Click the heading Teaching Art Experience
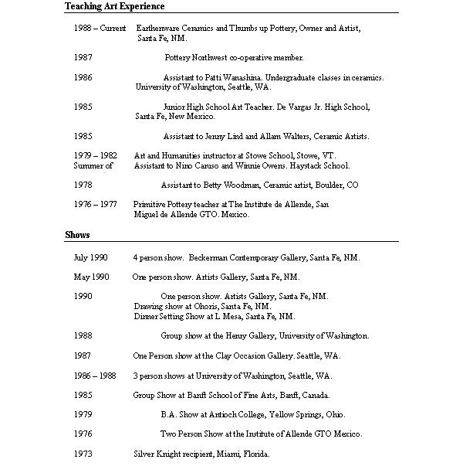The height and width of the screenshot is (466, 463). pos(114,6)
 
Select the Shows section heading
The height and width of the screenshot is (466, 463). pos(77,235)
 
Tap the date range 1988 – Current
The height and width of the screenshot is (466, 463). pos(100,28)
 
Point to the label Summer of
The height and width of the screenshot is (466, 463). pos(93,165)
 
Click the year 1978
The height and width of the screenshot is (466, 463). pos(83,185)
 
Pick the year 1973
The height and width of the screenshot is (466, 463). pos(83,454)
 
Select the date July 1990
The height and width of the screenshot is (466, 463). pos(90,257)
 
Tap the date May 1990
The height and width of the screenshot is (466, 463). pos(91,277)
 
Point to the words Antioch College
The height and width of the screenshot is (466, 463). pos(235,414)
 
